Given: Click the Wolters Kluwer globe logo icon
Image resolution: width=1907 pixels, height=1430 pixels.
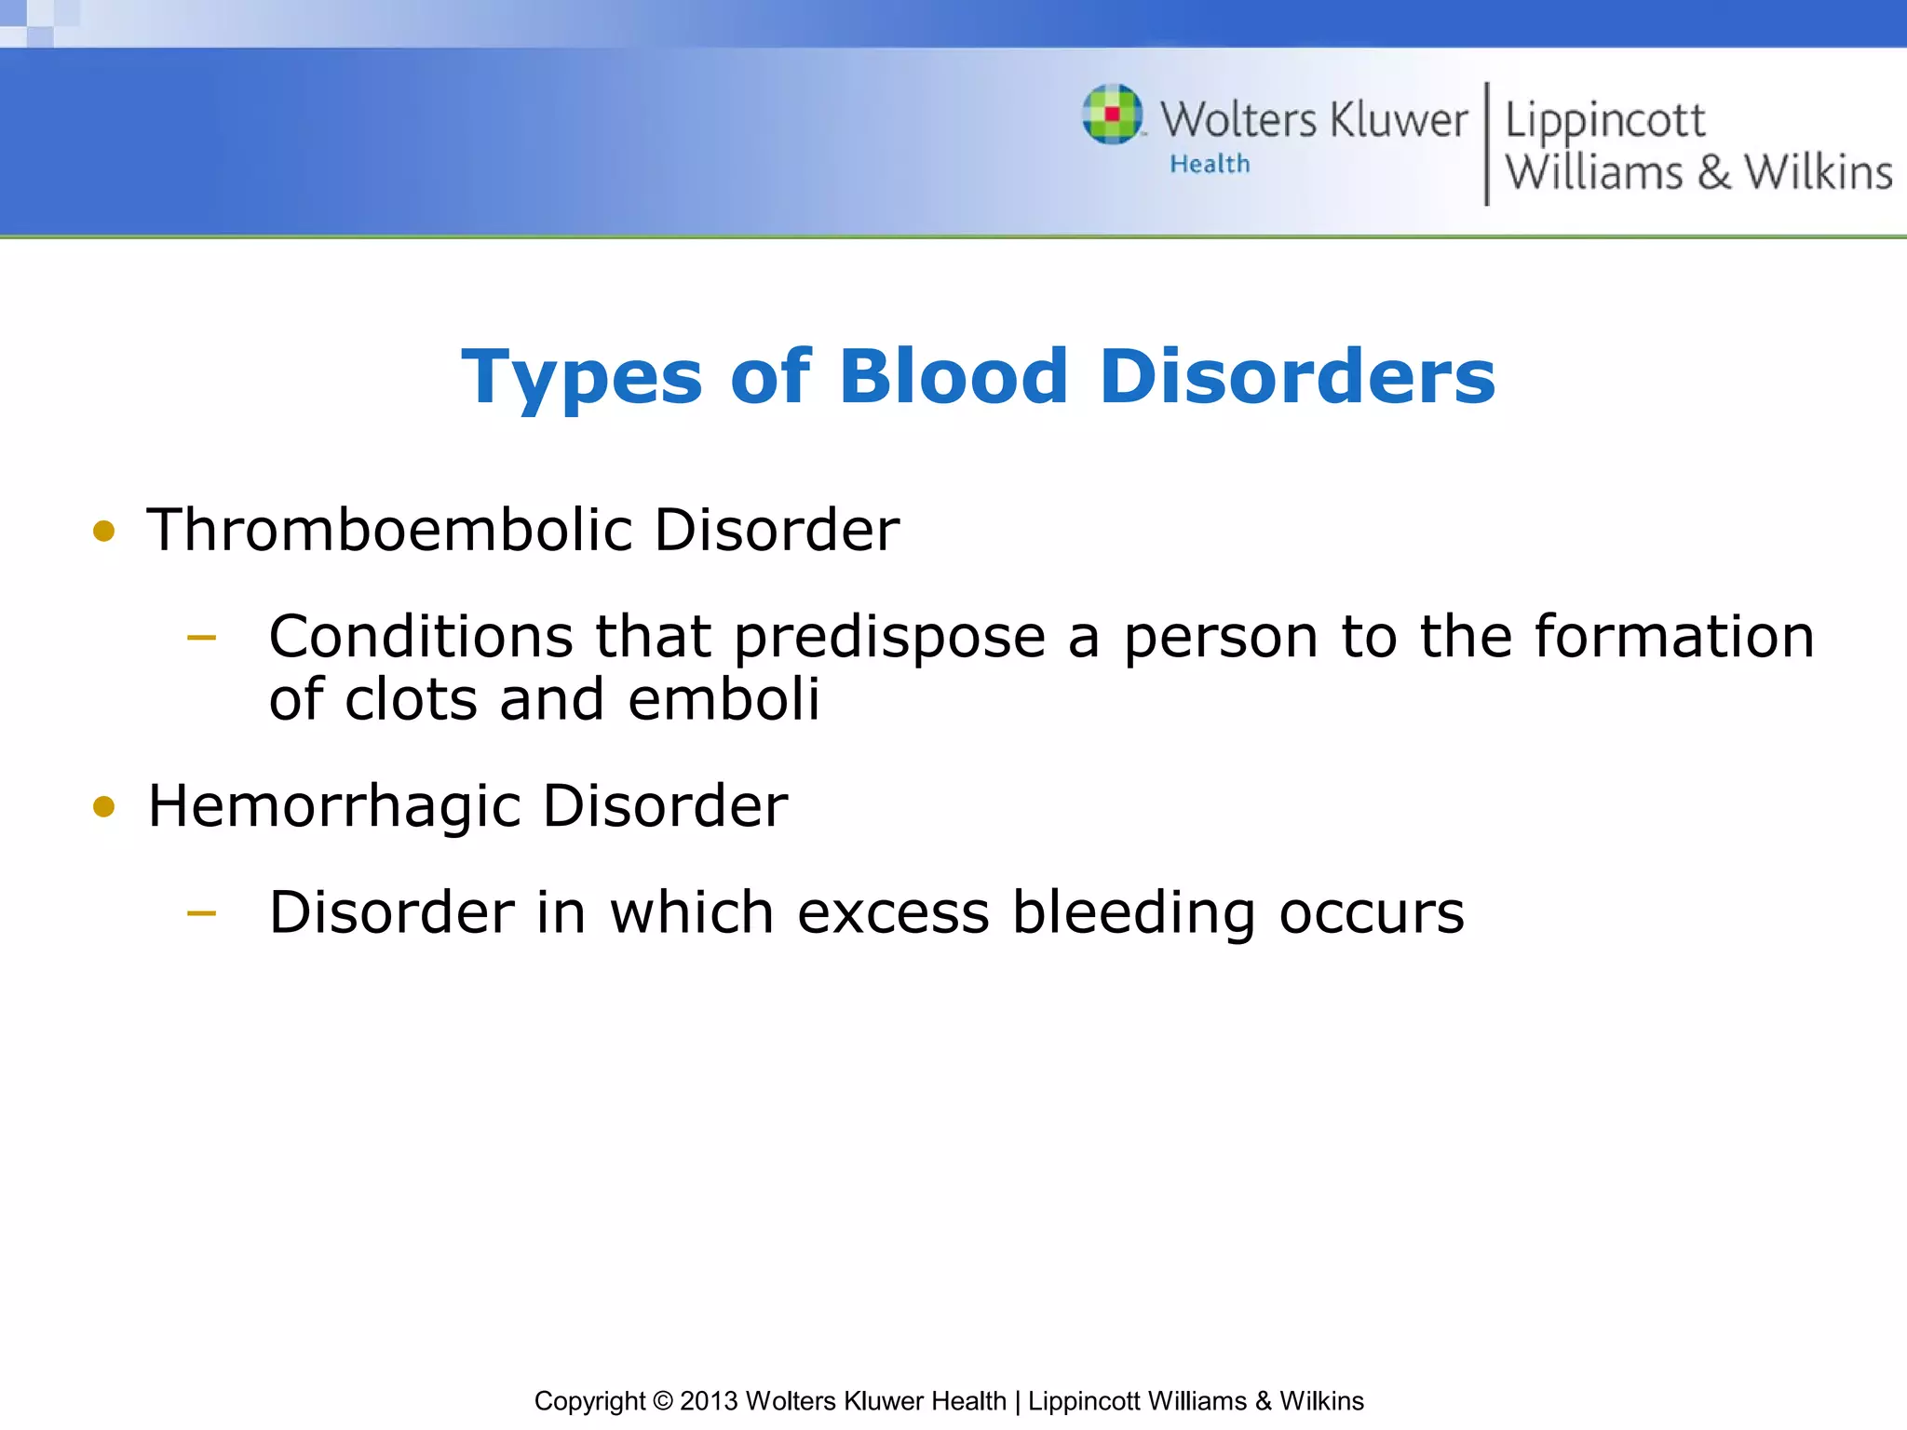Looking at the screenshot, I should (x=1112, y=115).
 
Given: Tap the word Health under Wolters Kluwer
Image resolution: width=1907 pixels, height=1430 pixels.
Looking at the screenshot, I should (x=1210, y=164).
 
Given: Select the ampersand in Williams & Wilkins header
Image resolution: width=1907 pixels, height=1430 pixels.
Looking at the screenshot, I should (x=1713, y=173).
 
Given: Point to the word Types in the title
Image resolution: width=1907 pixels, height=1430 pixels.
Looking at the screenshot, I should (x=581, y=376).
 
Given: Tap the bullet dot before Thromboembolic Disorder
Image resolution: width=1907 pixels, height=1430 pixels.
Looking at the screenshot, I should (x=103, y=532).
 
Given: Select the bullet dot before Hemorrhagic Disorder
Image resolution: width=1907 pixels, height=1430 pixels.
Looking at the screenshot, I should (x=103, y=806).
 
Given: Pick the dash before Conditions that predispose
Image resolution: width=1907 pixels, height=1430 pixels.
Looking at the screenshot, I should (x=201, y=639).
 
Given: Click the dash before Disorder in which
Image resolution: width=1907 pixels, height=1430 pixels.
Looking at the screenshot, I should (x=201, y=914).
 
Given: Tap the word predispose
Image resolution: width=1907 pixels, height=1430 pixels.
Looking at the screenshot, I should (x=889, y=639).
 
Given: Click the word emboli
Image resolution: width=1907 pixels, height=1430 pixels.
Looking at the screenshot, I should (x=724, y=699).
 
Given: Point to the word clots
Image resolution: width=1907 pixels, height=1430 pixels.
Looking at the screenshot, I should (x=411, y=699).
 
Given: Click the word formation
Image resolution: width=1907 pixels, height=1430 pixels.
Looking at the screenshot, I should (x=1674, y=637).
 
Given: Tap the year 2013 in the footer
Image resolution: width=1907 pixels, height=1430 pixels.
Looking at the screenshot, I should (x=709, y=1401).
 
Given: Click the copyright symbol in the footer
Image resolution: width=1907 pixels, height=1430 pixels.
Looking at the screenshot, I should (x=662, y=1401).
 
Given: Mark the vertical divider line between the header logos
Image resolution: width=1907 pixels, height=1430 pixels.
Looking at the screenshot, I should (x=1486, y=143).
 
